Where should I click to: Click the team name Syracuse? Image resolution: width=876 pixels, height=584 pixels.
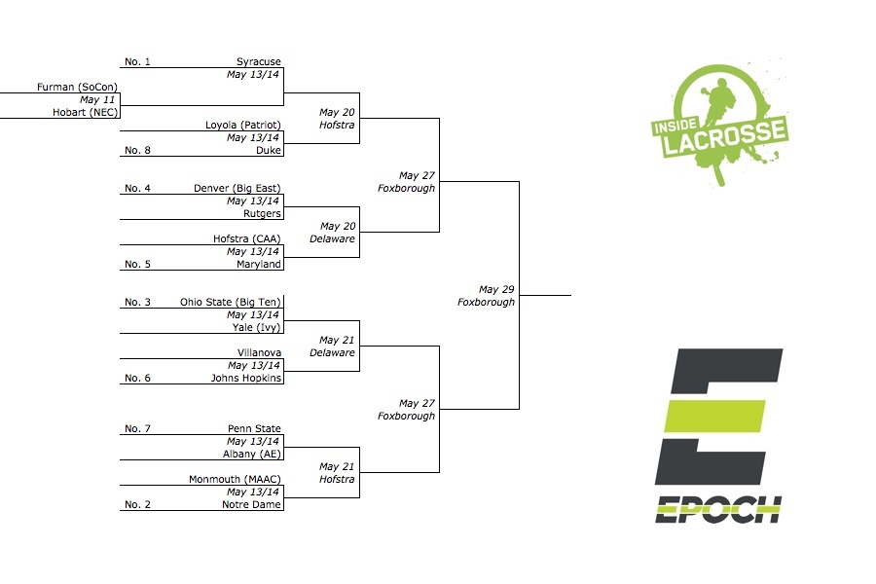pos(258,62)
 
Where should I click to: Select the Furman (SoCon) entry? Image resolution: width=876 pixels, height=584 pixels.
pos(77,88)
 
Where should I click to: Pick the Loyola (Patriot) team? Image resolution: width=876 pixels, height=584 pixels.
pos(242,126)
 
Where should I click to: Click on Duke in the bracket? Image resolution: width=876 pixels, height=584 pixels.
pos(269,151)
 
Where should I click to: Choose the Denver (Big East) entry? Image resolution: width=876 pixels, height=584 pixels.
pos(237,188)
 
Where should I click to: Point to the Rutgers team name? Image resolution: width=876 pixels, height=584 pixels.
pos(262,214)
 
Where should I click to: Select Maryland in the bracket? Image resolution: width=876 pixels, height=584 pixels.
pos(259,264)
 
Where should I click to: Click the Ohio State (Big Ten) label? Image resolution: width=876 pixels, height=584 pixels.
pos(231,303)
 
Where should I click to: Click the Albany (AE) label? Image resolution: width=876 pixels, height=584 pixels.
pos(252,454)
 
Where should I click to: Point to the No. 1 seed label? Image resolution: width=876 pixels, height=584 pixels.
pos(137,62)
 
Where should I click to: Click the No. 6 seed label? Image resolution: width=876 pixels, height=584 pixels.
pos(137,378)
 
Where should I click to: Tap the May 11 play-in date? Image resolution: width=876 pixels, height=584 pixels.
pos(97,100)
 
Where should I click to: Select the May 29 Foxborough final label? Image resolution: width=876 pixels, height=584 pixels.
pos(487,296)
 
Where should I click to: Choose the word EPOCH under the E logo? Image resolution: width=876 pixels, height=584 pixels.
pos(718,509)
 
